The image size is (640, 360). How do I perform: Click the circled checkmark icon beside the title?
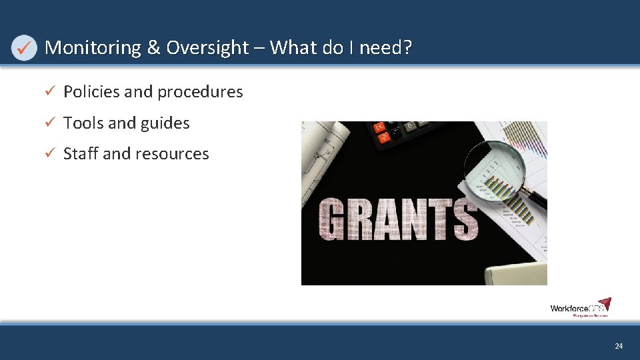coord(25,48)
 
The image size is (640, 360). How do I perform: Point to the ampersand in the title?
coord(153,48)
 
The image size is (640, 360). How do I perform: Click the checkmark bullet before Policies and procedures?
coord(48,92)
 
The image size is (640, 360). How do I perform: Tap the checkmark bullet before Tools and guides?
coord(48,123)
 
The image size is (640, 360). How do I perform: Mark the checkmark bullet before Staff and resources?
coord(48,154)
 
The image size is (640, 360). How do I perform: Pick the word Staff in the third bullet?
coord(81,154)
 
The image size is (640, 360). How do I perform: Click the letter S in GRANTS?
coord(464,219)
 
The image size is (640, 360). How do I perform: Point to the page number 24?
coord(619,346)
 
